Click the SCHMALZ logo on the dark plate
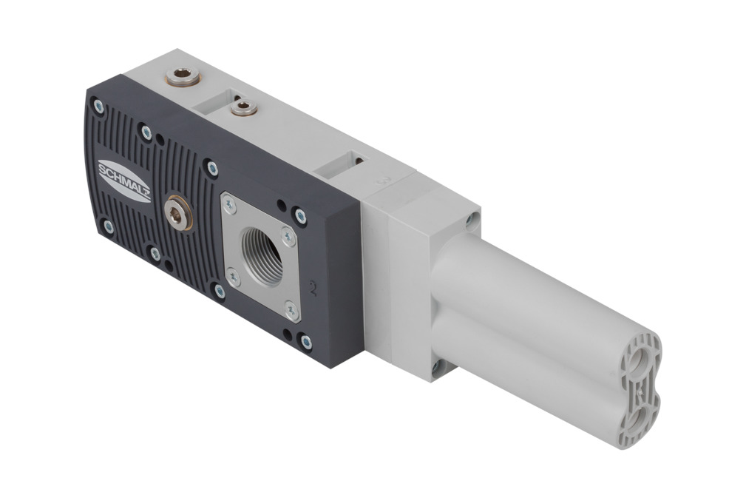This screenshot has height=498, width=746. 124,181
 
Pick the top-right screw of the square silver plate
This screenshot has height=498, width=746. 288,235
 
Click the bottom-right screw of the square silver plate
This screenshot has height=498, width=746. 291,311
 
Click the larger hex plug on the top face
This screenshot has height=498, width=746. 183,76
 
